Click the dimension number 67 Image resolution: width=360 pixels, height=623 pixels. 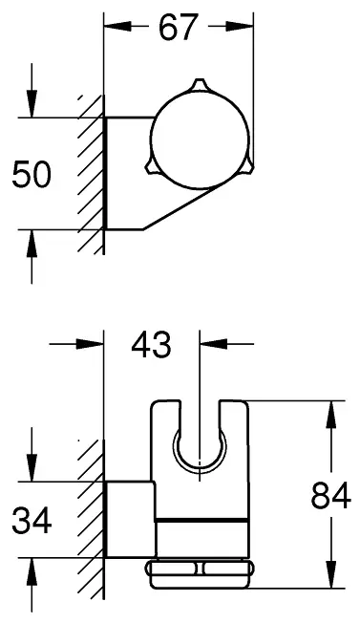click(x=178, y=27)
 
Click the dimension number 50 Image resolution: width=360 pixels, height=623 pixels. click(x=32, y=174)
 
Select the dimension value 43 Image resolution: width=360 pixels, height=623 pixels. click(x=151, y=344)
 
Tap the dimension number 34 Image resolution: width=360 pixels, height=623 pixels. click(x=32, y=520)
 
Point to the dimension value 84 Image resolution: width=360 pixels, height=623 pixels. click(x=330, y=495)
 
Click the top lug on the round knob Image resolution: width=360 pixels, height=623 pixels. click(x=200, y=86)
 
